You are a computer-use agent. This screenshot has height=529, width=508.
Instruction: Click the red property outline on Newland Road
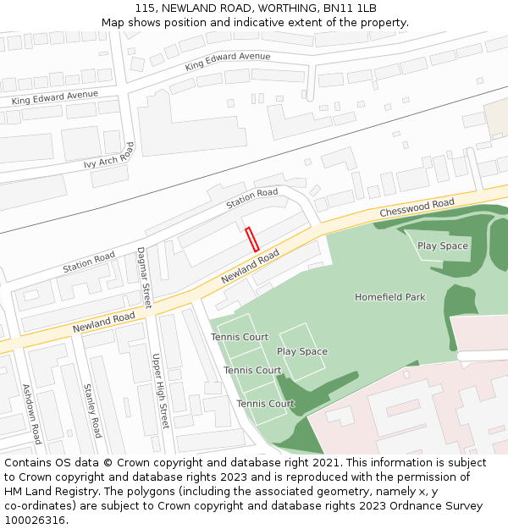pyautogui.click(x=251, y=239)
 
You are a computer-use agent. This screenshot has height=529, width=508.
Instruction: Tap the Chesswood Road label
pyautogui.click(x=417, y=207)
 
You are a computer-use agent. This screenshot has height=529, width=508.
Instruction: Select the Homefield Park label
pyautogui.click(x=389, y=297)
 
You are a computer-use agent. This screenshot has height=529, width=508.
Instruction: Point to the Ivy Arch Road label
pyautogui.click(x=109, y=157)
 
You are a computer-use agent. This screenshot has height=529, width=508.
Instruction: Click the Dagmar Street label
pyautogui.click(x=143, y=277)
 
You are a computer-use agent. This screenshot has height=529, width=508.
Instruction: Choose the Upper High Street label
pyautogui.click(x=160, y=390)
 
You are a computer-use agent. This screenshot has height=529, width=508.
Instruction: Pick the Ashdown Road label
pyautogui.click(x=30, y=414)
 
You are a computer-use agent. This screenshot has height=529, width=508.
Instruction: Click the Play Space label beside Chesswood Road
pyautogui.click(x=442, y=246)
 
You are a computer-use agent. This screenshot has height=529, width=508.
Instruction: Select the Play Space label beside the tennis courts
pyautogui.click(x=301, y=351)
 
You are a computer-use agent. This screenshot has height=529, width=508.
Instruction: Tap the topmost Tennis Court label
pyautogui.click(x=240, y=337)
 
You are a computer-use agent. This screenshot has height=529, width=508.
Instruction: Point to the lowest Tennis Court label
pyautogui.click(x=265, y=404)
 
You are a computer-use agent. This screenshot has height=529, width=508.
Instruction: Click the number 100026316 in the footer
pyautogui.click(x=34, y=520)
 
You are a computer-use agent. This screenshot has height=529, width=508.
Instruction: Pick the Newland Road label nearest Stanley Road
pyautogui.click(x=103, y=322)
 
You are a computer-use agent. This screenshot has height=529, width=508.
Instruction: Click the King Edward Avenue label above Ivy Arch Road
pyautogui.click(x=54, y=98)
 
